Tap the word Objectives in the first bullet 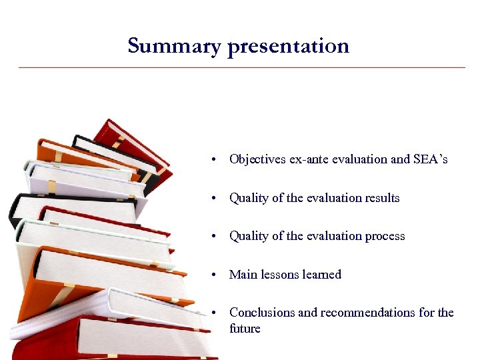(x=257, y=159)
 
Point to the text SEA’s (x=431, y=159)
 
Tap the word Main (x=242, y=275)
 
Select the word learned (x=322, y=275)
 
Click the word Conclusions (x=260, y=313)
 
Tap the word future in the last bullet (x=245, y=329)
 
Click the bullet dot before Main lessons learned (x=212, y=275)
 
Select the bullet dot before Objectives (x=212, y=160)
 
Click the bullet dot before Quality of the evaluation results (x=212, y=198)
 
